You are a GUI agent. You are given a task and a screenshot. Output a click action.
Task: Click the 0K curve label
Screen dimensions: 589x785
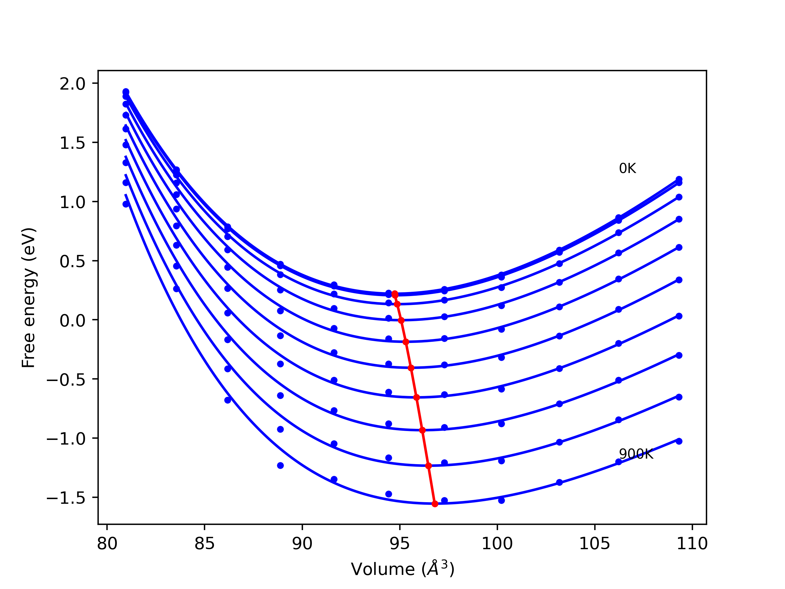[627, 168]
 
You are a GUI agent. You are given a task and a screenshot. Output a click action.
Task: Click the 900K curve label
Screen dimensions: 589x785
[636, 454]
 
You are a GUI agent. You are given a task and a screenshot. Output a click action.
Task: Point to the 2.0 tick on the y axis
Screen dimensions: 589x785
[72, 84]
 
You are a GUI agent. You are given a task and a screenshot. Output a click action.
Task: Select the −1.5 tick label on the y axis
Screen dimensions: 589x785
[66, 498]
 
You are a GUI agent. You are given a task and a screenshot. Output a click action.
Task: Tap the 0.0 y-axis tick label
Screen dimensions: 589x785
[72, 321]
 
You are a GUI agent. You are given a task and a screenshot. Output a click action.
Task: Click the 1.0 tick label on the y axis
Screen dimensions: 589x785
[72, 202]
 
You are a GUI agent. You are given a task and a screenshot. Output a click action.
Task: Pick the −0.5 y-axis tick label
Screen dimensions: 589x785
[66, 380]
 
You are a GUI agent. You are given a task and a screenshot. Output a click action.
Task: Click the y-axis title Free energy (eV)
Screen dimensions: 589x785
[29, 298]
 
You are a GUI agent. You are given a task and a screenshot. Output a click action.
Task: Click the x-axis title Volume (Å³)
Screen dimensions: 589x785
[402, 569]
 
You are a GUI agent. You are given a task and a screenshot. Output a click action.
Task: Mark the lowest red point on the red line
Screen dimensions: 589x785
[435, 504]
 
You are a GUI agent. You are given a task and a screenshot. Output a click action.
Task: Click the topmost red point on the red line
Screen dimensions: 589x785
[395, 294]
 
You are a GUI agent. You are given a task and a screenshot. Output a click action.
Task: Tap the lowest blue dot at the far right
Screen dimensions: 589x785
[679, 441]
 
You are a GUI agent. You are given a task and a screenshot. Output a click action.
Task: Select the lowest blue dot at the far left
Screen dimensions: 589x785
[126, 204]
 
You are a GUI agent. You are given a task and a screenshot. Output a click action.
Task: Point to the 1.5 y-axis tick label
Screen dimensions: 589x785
[72, 143]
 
